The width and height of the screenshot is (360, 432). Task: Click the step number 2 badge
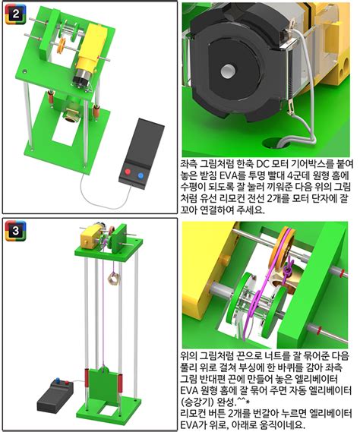pyautogui.click(x=16, y=14)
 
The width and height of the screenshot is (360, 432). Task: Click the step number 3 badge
pyautogui.click(x=16, y=231)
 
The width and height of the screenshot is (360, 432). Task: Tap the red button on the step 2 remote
pyautogui.click(x=128, y=172)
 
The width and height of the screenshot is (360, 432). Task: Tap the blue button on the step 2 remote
pyautogui.click(x=141, y=175)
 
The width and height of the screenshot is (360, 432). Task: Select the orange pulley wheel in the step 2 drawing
pyautogui.click(x=62, y=46)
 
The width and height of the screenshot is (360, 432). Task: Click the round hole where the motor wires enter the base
pyautogui.click(x=273, y=143)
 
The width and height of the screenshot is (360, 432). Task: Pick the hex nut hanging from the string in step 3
pyautogui.click(x=112, y=278)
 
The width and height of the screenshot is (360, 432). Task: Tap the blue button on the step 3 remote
pyautogui.click(x=58, y=380)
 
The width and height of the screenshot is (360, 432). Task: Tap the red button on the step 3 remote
pyautogui.click(x=67, y=383)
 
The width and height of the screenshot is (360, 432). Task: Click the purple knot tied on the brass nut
pyautogui.click(x=288, y=268)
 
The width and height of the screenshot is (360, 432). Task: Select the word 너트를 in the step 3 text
pyautogui.click(x=267, y=356)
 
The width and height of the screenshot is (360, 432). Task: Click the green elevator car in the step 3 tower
pyautogui.click(x=103, y=383)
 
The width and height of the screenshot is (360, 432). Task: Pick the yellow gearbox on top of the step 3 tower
pyautogui.click(x=90, y=235)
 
